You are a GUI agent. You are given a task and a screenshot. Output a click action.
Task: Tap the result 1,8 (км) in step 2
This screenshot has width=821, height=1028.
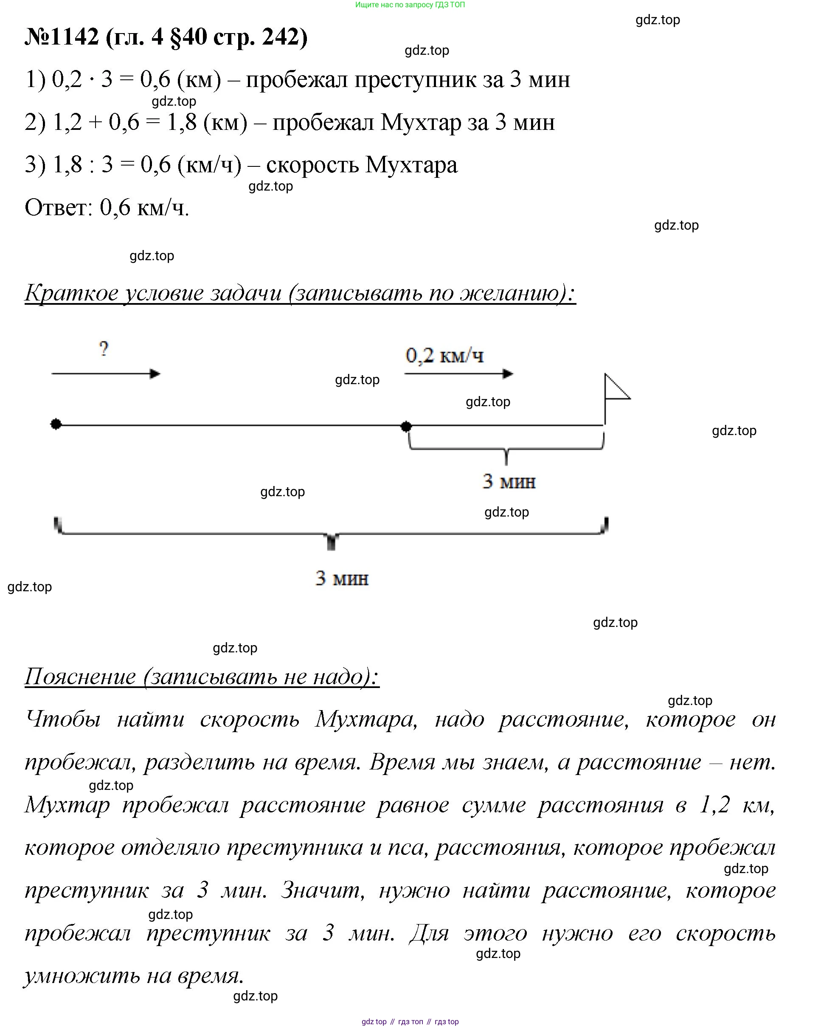[x=207, y=123]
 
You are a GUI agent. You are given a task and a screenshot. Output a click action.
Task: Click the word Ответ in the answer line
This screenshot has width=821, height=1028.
[x=58, y=208]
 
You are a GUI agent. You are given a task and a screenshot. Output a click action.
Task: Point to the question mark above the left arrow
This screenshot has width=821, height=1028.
[x=104, y=349]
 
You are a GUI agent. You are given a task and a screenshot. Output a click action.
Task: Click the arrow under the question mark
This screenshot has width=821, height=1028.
[x=106, y=374]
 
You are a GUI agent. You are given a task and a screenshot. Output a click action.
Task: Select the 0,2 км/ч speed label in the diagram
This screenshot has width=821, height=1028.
[x=444, y=356]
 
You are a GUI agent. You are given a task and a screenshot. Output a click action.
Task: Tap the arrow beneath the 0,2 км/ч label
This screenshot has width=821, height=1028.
[x=458, y=374]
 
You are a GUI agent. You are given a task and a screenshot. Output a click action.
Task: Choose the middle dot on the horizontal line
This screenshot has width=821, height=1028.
[x=406, y=426]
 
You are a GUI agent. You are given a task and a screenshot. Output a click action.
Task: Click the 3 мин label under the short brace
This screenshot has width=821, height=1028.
[x=509, y=482]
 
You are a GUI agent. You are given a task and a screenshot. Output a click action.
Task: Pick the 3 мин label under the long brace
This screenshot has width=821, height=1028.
[x=342, y=579]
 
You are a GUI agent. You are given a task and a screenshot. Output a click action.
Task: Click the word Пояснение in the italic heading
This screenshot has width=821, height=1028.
[x=80, y=677]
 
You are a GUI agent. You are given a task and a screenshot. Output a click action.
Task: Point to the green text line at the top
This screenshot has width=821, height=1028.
[x=410, y=5]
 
